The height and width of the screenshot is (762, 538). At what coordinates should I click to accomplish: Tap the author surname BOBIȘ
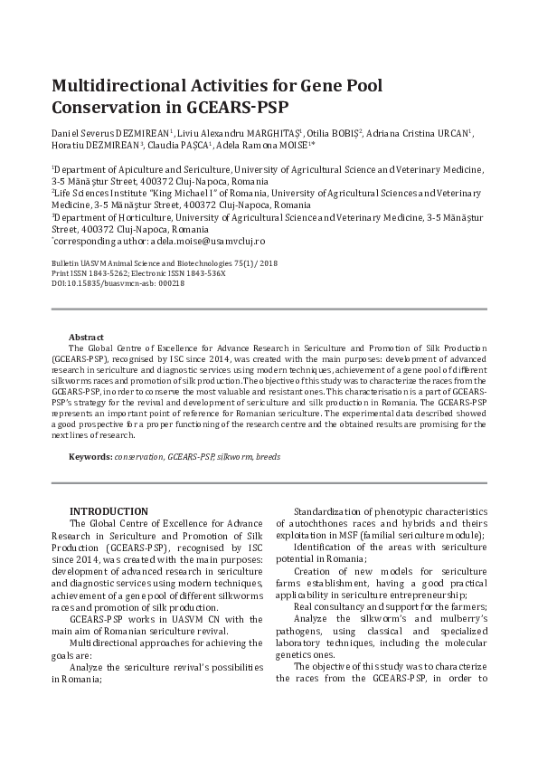(x=340, y=133)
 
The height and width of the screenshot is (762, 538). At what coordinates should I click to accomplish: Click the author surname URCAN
(x=452, y=133)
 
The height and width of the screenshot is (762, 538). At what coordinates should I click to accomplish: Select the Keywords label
(x=90, y=456)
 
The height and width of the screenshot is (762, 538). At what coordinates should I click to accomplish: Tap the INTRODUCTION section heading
(x=109, y=511)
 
